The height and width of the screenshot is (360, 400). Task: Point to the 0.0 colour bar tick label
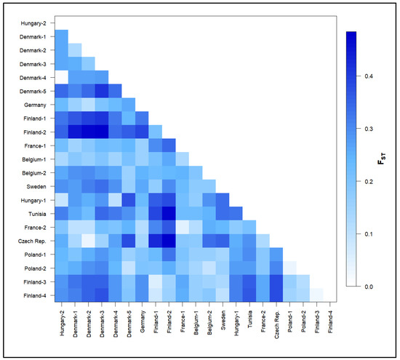coord(367,287)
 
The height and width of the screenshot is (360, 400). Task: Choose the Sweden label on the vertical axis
coord(39,185)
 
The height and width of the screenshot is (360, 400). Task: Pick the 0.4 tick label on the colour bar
coord(367,76)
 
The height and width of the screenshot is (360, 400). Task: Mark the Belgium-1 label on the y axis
coord(36,159)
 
